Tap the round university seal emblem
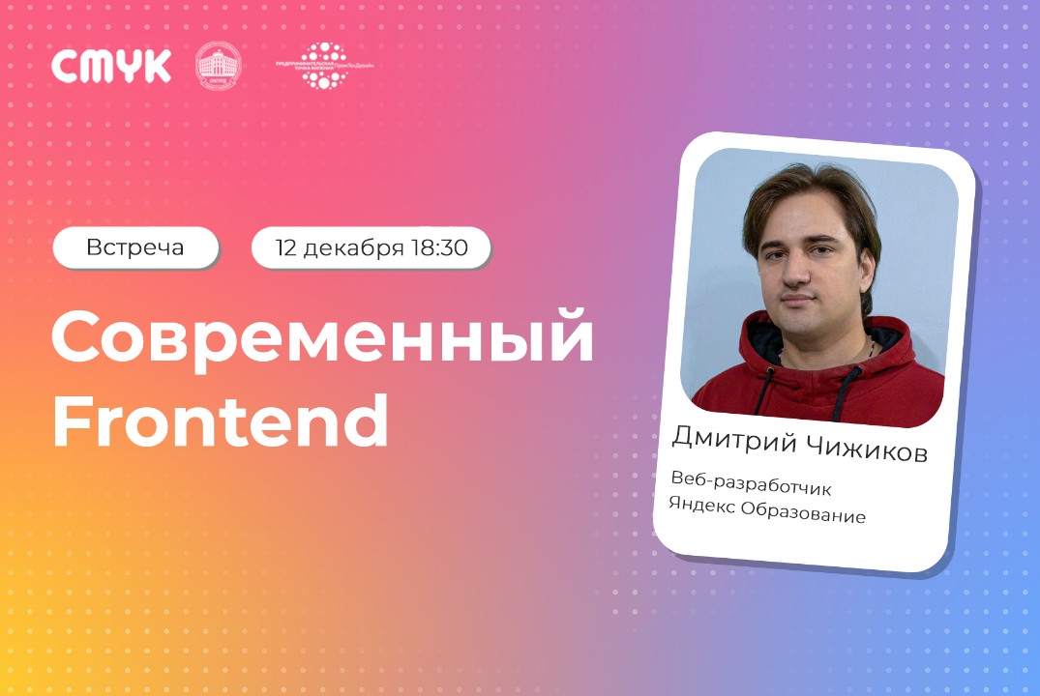pyautogui.click(x=219, y=67)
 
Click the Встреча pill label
pyautogui.click(x=134, y=247)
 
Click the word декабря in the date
pyautogui.click(x=353, y=247)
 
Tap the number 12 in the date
pyautogui.click(x=286, y=247)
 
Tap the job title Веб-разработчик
pyautogui.click(x=751, y=484)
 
